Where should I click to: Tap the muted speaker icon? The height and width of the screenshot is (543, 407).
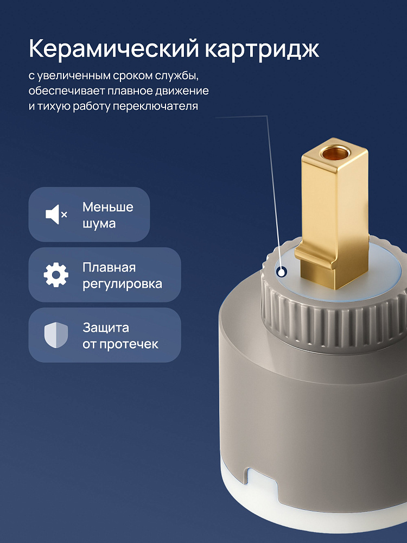click(56, 214)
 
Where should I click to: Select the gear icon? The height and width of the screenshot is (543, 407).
click(56, 275)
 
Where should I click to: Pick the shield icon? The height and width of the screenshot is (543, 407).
click(56, 335)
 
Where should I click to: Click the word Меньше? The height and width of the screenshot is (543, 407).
click(107, 207)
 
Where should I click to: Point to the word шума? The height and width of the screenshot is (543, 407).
click(99, 224)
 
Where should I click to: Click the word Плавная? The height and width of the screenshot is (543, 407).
click(109, 267)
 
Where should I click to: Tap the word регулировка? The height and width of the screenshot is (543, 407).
click(122, 285)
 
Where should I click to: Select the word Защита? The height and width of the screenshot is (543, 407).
click(106, 327)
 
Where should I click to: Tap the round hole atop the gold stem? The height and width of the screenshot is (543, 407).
click(334, 153)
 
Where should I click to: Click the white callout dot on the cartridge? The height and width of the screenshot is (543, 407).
click(282, 272)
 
